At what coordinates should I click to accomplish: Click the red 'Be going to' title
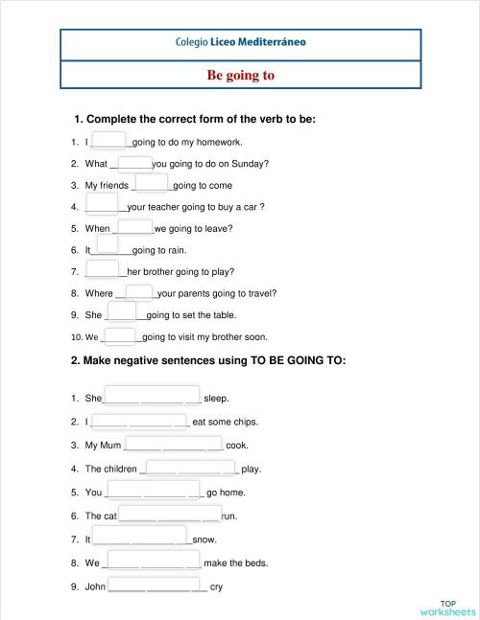click(241, 75)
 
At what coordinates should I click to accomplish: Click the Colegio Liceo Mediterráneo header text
click(241, 42)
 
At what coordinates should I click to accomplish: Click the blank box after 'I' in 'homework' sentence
click(109, 140)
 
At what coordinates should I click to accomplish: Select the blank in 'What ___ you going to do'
click(136, 162)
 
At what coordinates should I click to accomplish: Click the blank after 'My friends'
click(152, 183)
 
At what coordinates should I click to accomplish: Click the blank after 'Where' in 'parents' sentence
click(139, 291)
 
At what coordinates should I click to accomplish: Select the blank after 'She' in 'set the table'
click(121, 310)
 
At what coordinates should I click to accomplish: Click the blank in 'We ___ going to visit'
click(120, 335)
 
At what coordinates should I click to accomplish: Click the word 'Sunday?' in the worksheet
click(249, 164)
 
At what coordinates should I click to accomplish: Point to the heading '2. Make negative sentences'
click(208, 361)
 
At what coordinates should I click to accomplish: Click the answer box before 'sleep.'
click(152, 396)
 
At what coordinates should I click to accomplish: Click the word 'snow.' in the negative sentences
click(204, 540)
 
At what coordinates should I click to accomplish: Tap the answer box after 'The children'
click(189, 467)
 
